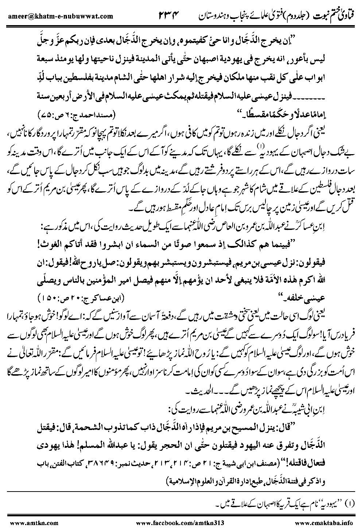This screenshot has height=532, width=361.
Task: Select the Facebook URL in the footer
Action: point(180,523)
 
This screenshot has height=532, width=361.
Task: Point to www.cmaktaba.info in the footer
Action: point(323,523)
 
